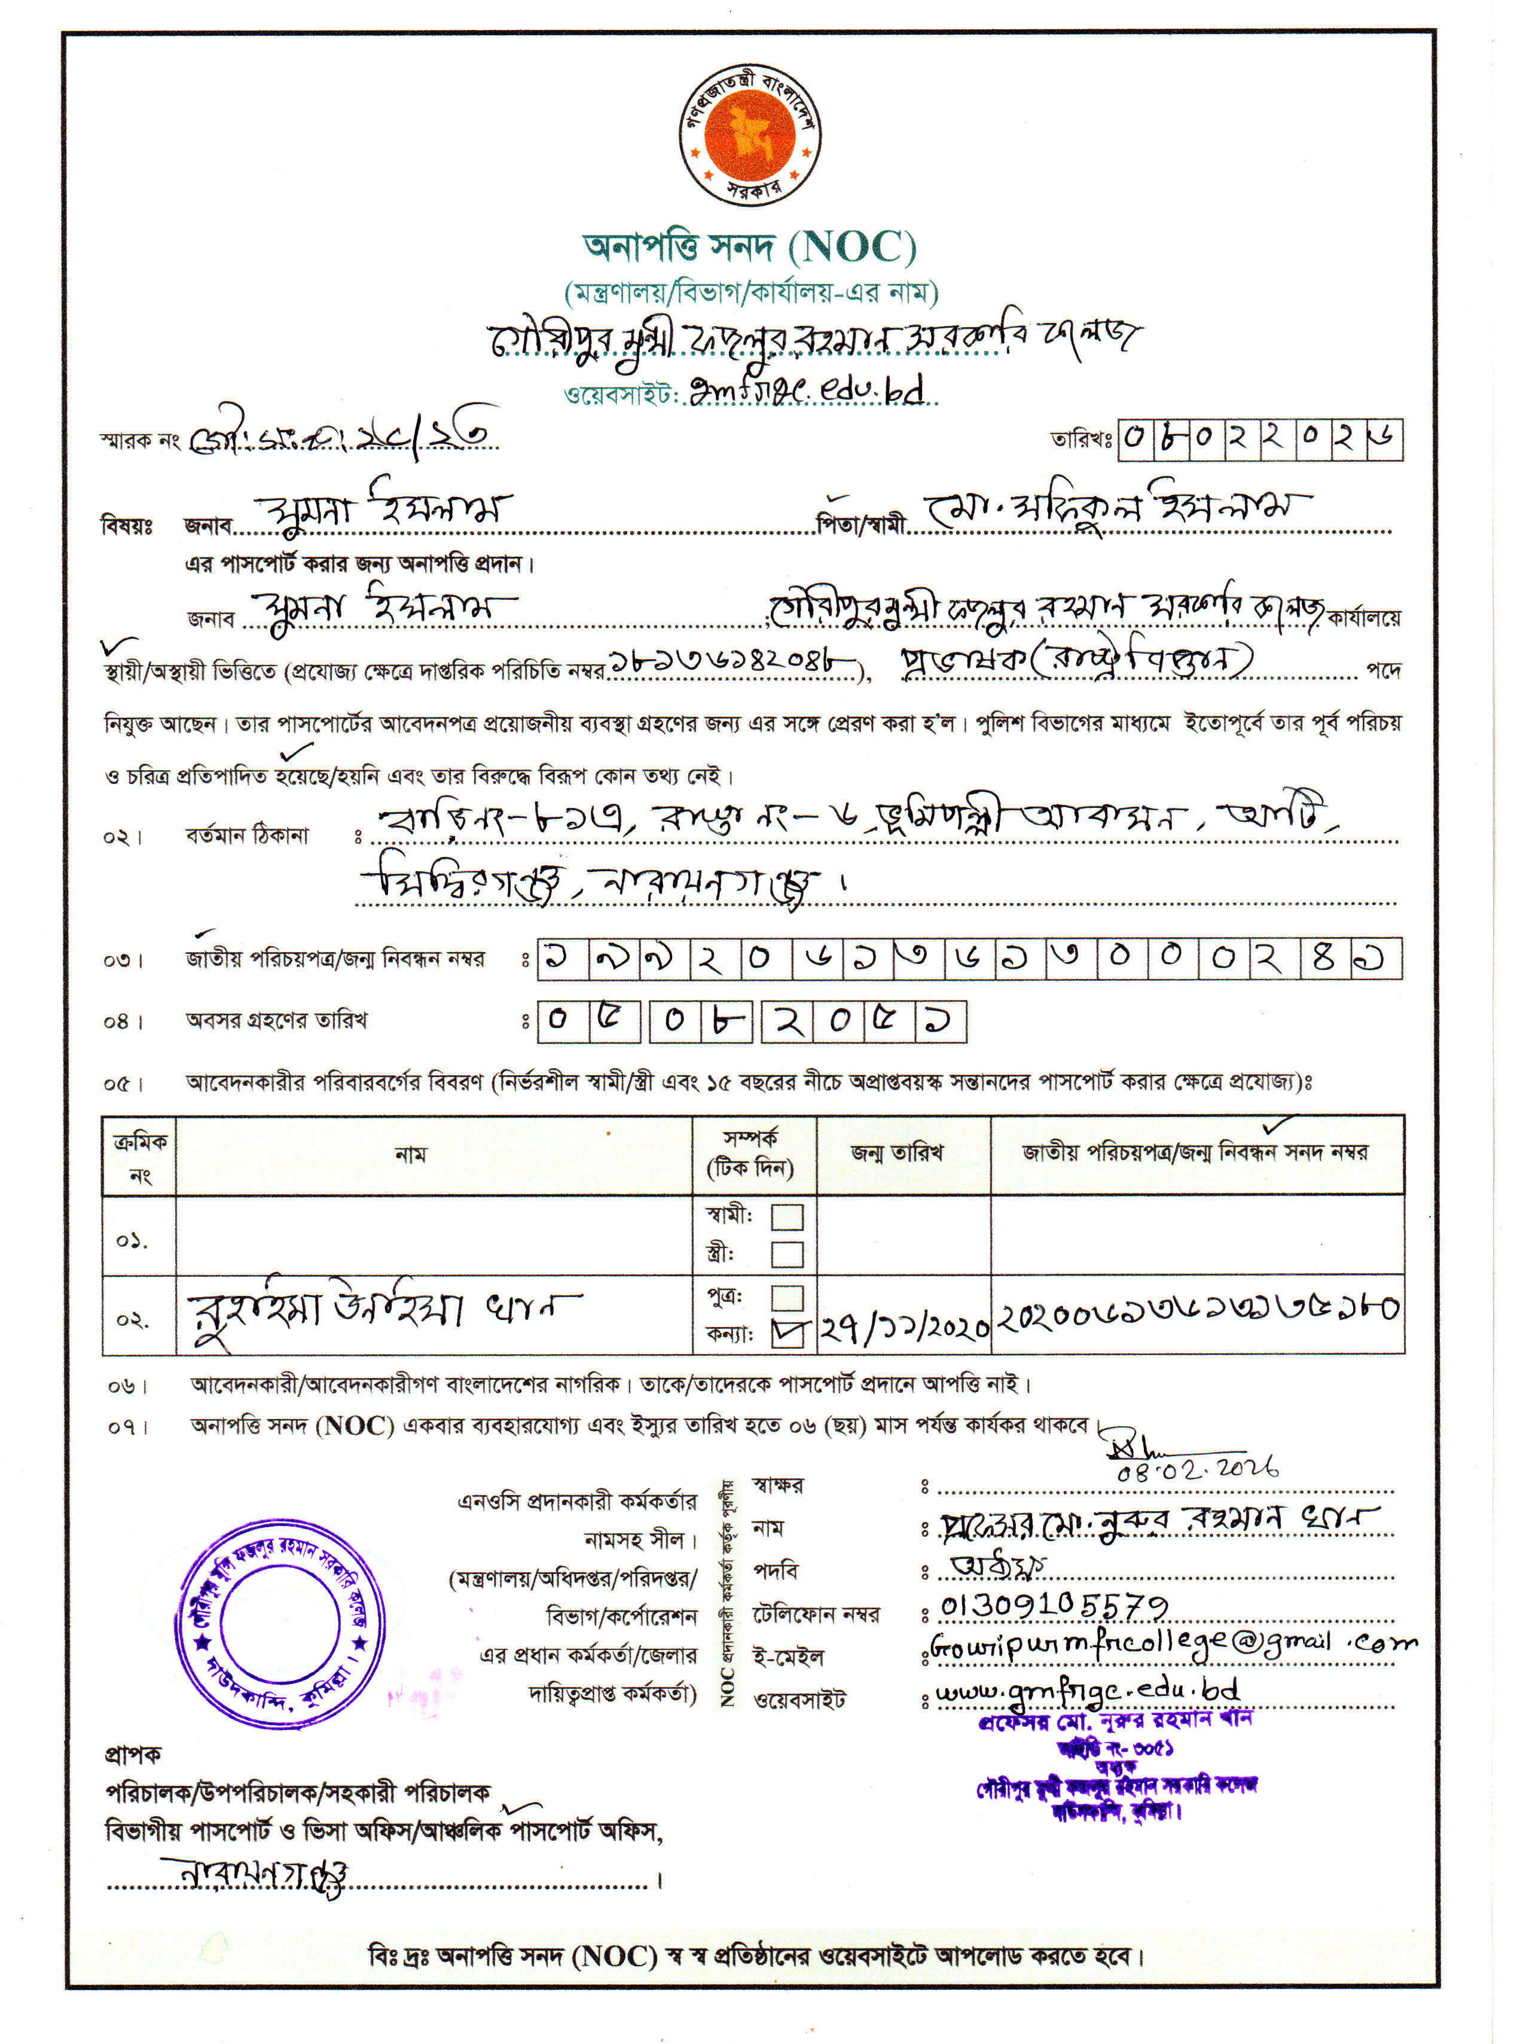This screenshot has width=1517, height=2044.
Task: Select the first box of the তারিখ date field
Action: [x=1135, y=439]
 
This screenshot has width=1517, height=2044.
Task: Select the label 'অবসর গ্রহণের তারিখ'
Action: [x=276, y=1020]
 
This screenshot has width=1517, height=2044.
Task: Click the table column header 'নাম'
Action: [x=410, y=1154]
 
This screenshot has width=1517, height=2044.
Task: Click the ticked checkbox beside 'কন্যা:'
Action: [x=788, y=1334]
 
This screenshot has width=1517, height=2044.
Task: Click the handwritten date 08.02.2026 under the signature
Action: [x=1196, y=1470]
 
